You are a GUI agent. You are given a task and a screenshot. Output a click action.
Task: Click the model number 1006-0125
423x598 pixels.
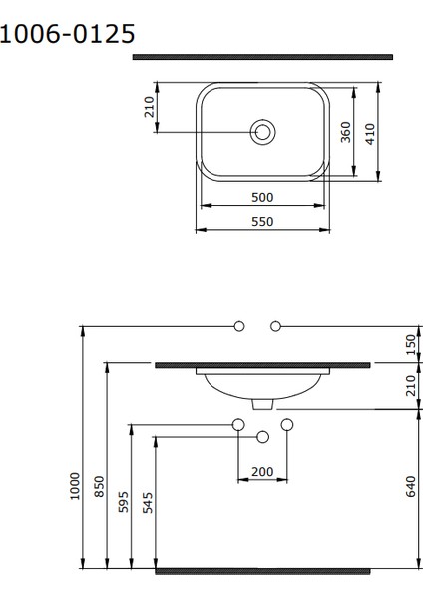[67, 35]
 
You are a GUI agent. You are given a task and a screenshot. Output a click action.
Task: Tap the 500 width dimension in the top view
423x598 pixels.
[262, 198]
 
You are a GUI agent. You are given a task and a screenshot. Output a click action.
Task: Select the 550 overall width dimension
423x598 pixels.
[262, 222]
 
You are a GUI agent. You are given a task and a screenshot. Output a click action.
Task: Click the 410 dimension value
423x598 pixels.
[371, 133]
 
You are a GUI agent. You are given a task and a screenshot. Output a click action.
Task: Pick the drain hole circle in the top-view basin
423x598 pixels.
[263, 131]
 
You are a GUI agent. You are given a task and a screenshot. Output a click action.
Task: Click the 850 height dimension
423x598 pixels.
[99, 487]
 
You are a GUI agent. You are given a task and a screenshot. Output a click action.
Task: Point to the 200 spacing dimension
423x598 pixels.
[262, 471]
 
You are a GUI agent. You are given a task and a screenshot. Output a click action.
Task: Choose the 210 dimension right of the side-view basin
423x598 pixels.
[410, 386]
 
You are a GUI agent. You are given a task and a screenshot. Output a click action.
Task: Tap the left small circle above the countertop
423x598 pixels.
[238, 326]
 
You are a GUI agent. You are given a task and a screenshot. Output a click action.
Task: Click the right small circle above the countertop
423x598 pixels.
[276, 326]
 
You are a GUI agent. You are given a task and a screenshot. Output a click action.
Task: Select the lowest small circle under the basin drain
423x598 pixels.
[263, 436]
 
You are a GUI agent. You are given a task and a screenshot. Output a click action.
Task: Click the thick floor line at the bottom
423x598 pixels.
[262, 572]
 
